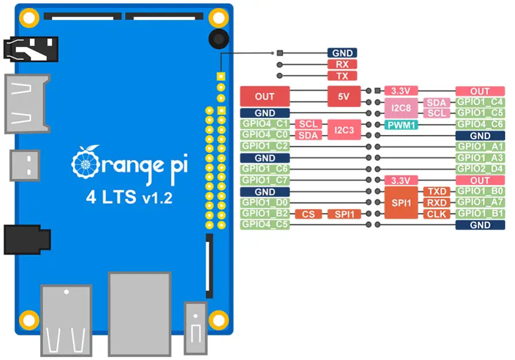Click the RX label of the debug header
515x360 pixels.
coord(342,64)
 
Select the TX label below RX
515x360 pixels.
coord(342,76)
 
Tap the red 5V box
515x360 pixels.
coord(344,97)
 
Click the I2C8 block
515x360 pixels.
coord(400,108)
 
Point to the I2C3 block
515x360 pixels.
coord(344,130)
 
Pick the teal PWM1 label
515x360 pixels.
coord(402,124)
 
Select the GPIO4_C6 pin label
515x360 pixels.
coord(480,124)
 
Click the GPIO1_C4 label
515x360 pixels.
coord(480,102)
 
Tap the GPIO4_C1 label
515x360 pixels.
coord(265,124)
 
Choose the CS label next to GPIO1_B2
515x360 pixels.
coord(308,214)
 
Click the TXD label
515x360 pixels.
coord(436,192)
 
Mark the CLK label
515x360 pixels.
coord(436,214)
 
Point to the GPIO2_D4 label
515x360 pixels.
coord(480,169)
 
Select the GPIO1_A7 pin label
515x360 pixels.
coord(480,202)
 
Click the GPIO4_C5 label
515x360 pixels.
coord(265,225)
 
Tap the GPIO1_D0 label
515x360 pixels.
coord(265,202)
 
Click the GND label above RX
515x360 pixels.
coord(342,53)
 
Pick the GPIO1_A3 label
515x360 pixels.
coord(480,158)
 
